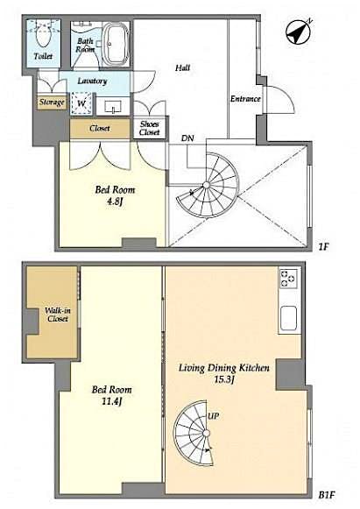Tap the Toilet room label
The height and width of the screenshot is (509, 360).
(x=43, y=56)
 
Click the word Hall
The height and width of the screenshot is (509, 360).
(x=182, y=67)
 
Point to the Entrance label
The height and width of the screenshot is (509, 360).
(x=245, y=99)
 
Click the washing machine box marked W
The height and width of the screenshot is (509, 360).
(x=81, y=103)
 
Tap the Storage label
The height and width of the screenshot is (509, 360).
(x=51, y=103)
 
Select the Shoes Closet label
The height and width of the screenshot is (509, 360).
(x=150, y=129)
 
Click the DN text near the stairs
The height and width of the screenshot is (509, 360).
(x=187, y=138)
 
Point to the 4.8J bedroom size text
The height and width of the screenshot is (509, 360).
(x=109, y=199)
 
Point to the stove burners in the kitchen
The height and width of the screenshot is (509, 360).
(x=289, y=279)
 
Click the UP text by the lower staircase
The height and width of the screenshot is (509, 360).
(x=213, y=414)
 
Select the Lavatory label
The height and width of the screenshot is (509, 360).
(x=92, y=81)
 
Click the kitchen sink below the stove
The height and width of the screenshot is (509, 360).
(x=288, y=318)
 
